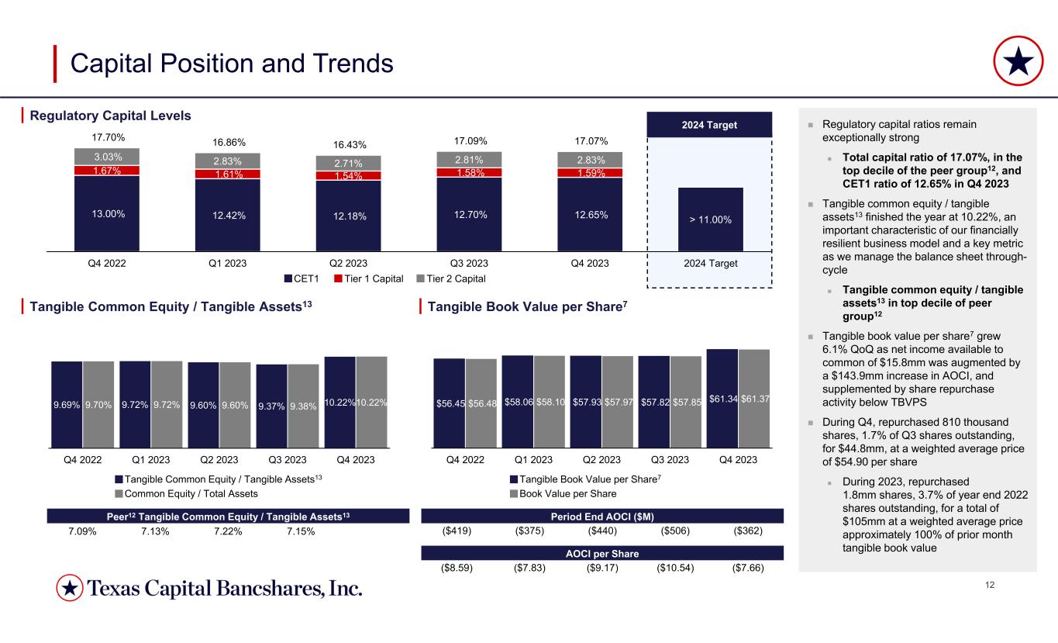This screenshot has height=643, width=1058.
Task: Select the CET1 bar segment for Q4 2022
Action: [107, 213]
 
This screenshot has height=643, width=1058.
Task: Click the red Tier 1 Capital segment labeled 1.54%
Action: [348, 176]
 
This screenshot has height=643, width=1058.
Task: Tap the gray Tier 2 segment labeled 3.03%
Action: [107, 156]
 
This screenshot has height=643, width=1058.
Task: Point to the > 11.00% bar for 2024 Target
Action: [711, 220]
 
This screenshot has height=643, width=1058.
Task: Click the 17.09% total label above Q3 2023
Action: [469, 141]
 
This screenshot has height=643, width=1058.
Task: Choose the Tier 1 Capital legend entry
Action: [372, 278]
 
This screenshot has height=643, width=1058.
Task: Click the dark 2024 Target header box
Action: [709, 125]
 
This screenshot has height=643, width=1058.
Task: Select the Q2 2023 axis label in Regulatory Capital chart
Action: [348, 263]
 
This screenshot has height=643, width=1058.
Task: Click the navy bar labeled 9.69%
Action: [67, 403]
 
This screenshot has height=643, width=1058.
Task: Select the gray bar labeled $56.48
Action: [481, 403]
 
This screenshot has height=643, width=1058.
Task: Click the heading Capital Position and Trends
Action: [232, 64]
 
